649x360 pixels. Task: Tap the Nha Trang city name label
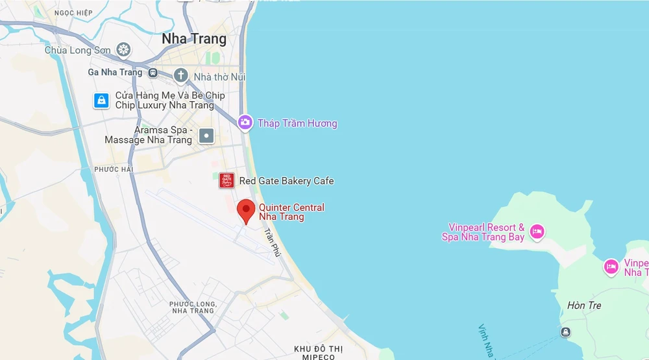[194, 39]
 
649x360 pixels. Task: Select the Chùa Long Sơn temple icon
[123, 49]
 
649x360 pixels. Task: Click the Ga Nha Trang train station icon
[153, 73]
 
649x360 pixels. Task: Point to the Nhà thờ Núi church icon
[180, 75]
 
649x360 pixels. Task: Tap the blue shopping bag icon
[101, 101]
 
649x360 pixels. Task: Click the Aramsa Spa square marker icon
[206, 136]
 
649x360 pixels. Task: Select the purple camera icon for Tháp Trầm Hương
[245, 122]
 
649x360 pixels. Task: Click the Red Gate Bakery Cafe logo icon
[227, 181]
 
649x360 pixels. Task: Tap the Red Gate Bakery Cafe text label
[286, 181]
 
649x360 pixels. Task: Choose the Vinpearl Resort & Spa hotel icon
[537, 231]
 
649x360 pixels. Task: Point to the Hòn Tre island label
[584, 306]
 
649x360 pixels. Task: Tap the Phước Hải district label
[113, 169]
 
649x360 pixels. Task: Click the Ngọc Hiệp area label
[73, 12]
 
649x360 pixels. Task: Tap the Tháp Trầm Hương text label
[297, 123]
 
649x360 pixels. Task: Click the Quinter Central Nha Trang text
[291, 212]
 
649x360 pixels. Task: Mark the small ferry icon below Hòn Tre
[565, 332]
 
